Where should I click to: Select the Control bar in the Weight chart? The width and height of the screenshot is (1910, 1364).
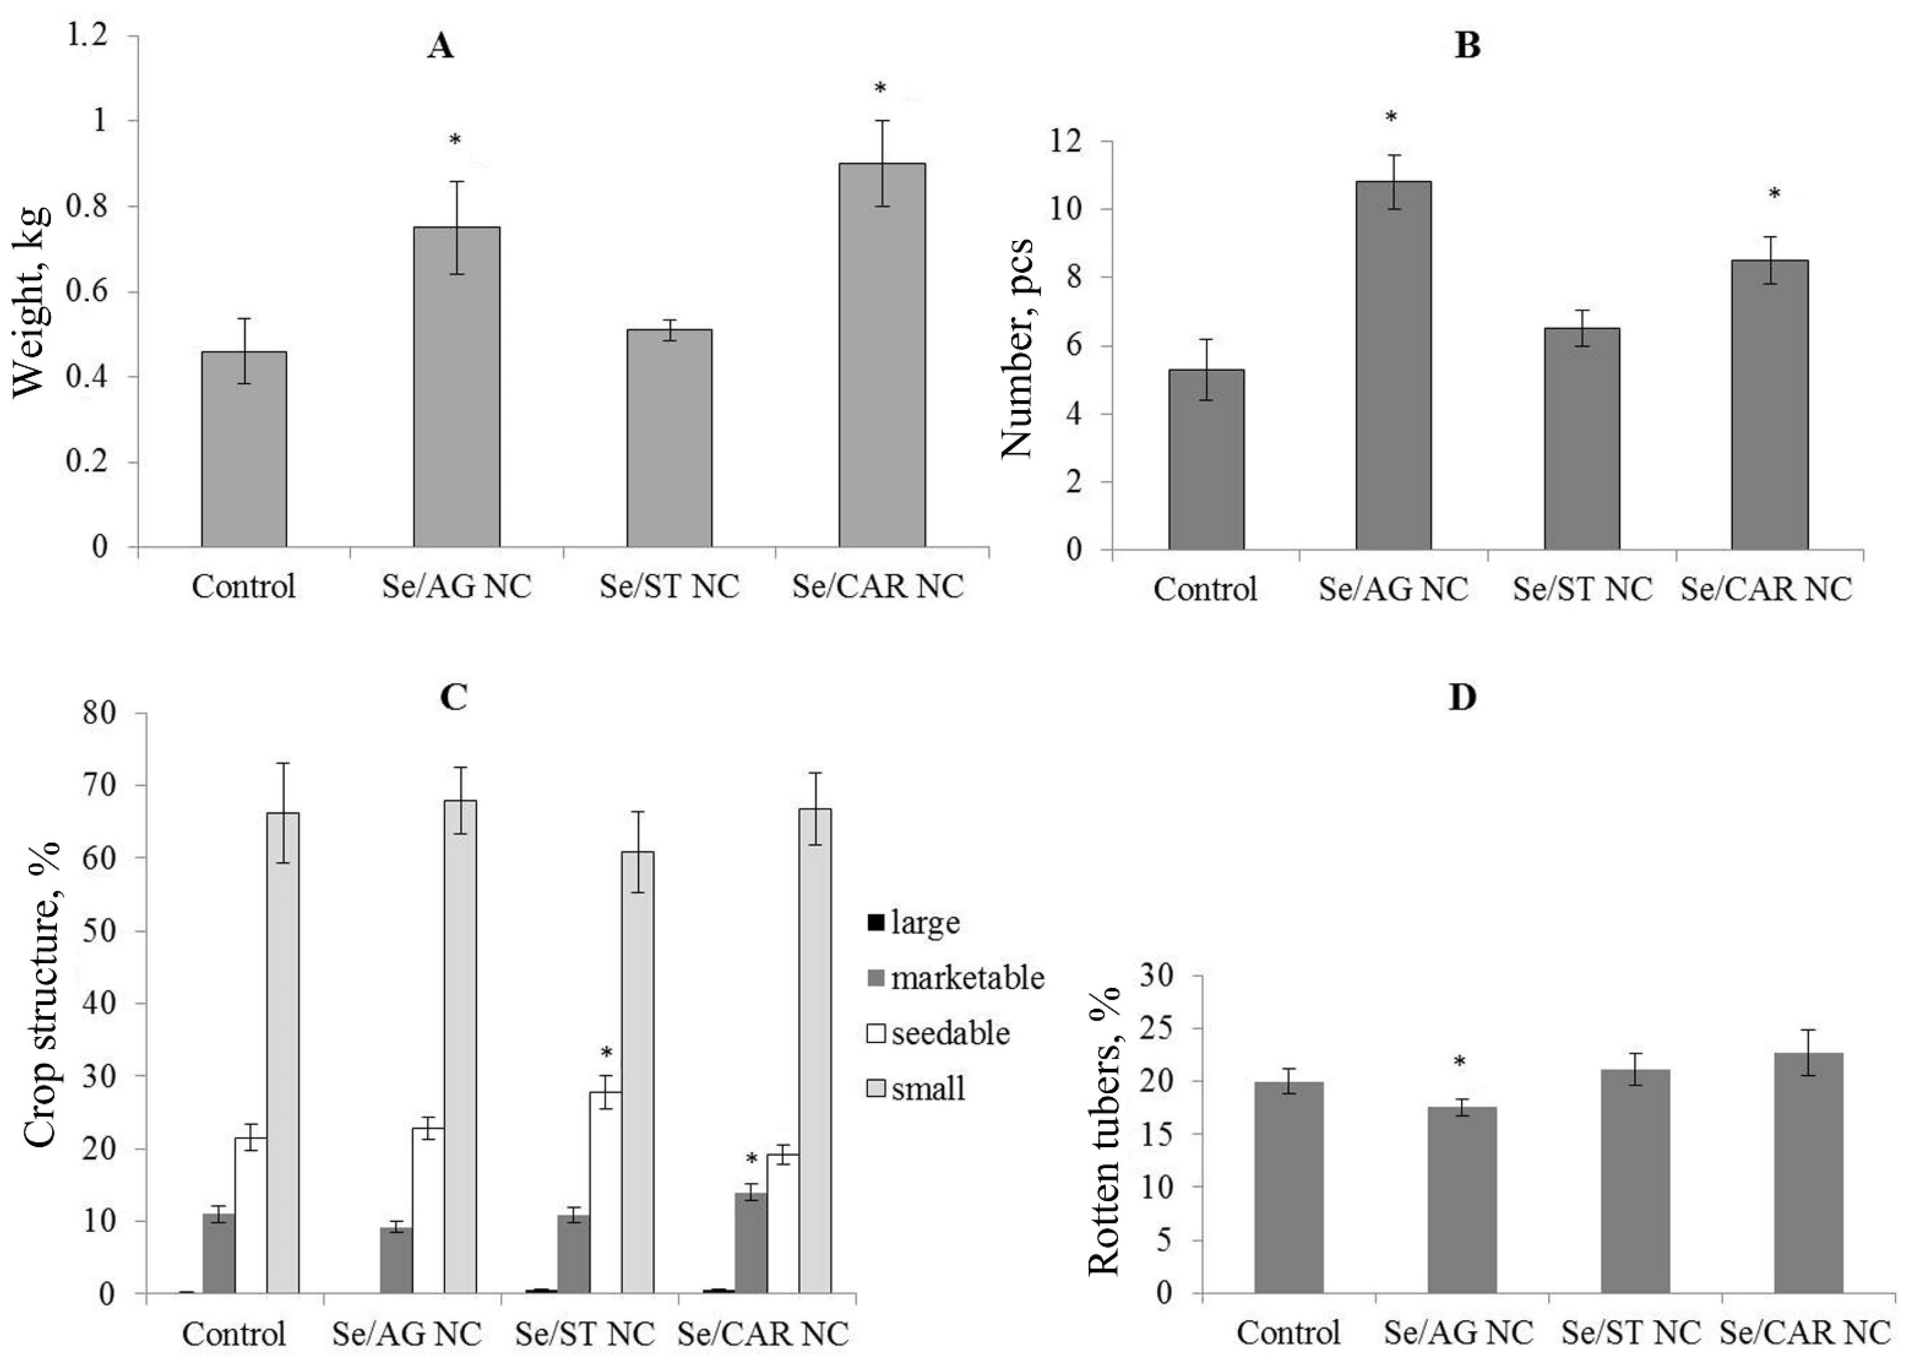[244, 449]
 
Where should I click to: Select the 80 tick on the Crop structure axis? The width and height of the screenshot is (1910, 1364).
[101, 713]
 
